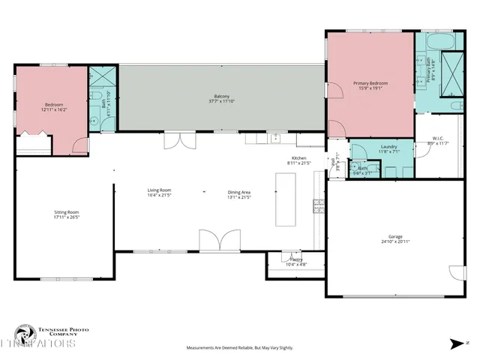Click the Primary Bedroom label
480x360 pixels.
368,82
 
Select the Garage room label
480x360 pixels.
394,237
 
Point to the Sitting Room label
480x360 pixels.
67,212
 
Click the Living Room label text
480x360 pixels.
160,190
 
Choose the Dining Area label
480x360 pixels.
239,192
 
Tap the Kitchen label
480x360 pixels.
299,157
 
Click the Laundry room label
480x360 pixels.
388,146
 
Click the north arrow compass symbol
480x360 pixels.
457,343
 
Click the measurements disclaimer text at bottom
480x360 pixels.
240,348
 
